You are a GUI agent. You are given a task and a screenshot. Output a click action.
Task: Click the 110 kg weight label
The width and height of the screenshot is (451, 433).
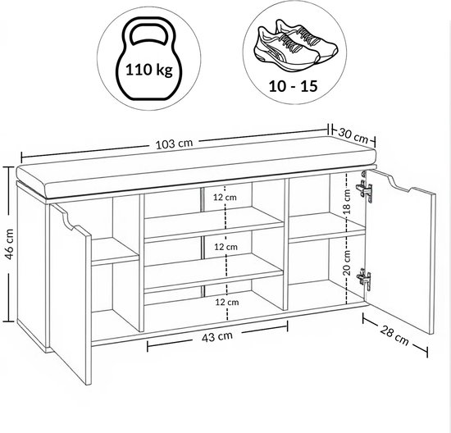(x=149, y=70)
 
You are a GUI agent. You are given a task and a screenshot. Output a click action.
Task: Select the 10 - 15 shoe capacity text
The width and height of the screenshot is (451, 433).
(x=293, y=86)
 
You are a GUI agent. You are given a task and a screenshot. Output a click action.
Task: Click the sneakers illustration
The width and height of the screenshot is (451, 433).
(x=295, y=45)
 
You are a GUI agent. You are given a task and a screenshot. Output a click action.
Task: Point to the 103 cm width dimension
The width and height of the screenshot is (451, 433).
(x=174, y=144)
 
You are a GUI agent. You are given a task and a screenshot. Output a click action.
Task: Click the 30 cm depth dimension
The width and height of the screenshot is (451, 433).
(x=353, y=135)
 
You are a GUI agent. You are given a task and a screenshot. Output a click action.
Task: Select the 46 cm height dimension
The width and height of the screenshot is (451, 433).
(x=9, y=244)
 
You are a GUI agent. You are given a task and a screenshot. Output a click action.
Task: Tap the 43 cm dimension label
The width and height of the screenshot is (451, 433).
(x=217, y=336)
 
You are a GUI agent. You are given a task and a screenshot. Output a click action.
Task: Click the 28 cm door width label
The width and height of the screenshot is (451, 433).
(x=394, y=335)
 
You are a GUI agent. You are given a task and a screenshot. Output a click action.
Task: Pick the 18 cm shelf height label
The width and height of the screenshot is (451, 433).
(x=348, y=202)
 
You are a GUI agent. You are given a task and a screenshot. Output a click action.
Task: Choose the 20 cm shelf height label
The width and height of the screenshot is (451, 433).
(x=347, y=262)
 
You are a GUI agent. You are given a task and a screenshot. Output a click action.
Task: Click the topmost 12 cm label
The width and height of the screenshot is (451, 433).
(x=225, y=198)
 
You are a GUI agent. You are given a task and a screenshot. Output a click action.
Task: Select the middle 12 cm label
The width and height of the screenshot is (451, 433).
(x=226, y=247)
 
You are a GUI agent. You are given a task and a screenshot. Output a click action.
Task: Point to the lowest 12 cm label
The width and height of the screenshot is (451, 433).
(x=227, y=302)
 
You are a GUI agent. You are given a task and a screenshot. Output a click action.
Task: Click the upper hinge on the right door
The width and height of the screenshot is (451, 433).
(x=364, y=188)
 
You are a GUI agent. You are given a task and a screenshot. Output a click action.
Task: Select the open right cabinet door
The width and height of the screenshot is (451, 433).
(x=401, y=250)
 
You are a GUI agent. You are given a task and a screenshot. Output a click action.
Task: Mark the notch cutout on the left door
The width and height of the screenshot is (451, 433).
(x=66, y=219)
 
